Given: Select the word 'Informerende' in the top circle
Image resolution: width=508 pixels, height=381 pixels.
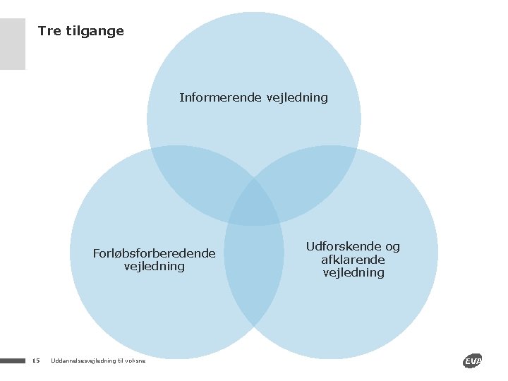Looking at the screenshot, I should tap(221, 97).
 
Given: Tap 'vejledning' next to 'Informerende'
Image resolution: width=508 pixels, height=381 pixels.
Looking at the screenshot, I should tap(297, 98).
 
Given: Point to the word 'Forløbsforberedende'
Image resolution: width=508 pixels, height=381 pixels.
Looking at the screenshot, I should tap(155, 253).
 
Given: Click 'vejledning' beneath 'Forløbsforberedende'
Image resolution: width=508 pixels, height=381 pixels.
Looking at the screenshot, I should tap(155, 267).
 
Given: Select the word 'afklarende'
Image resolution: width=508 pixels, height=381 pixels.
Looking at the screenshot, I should tap(353, 260).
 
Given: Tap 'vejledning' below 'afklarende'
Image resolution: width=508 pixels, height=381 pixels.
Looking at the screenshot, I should tap(353, 272).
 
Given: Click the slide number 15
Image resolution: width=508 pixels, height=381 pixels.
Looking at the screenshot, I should tap(37, 361).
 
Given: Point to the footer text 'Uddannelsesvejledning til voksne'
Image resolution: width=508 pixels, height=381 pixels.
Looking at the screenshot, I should tap(98, 361).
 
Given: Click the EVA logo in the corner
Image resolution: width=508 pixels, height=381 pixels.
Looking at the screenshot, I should tap(472, 361).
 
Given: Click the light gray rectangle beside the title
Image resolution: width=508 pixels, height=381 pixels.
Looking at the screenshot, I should tap(13, 44).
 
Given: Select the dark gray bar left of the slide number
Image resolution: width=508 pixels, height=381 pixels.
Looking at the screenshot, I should tap(13, 361).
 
